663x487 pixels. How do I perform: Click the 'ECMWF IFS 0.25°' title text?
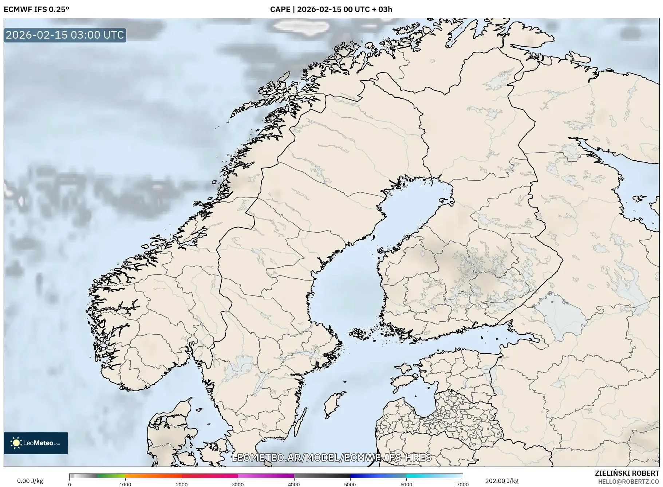pyautogui.click(x=36, y=9)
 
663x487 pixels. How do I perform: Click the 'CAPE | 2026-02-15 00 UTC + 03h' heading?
pyautogui.click(x=331, y=9)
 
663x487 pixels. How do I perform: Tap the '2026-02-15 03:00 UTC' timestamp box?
pyautogui.click(x=65, y=35)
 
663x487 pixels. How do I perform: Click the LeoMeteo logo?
pyautogui.click(x=36, y=443)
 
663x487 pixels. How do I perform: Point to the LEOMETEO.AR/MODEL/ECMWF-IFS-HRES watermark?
pyautogui.click(x=331, y=457)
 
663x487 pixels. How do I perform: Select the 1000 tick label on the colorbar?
pyautogui.click(x=125, y=484)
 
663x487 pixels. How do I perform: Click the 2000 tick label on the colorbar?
pyautogui.click(x=182, y=484)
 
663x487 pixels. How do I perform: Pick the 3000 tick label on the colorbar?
pyautogui.click(x=238, y=484)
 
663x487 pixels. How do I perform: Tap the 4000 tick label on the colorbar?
pyautogui.click(x=294, y=484)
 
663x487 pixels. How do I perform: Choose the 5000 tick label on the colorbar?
pyautogui.click(x=350, y=484)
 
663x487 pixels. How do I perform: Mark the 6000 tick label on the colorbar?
pyautogui.click(x=406, y=484)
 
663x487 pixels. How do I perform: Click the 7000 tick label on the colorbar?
pyautogui.click(x=462, y=484)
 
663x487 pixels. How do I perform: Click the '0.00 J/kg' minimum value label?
pyautogui.click(x=30, y=481)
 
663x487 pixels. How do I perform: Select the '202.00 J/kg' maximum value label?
pyautogui.click(x=502, y=481)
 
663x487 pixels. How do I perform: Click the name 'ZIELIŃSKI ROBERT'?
pyautogui.click(x=627, y=473)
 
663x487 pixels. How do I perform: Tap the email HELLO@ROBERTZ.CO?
pyautogui.click(x=628, y=482)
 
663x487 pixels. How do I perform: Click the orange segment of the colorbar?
pyautogui.click(x=153, y=476)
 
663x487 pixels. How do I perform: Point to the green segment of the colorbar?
pyautogui.click(x=111, y=476)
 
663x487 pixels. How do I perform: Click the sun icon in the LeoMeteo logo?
pyautogui.click(x=16, y=443)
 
